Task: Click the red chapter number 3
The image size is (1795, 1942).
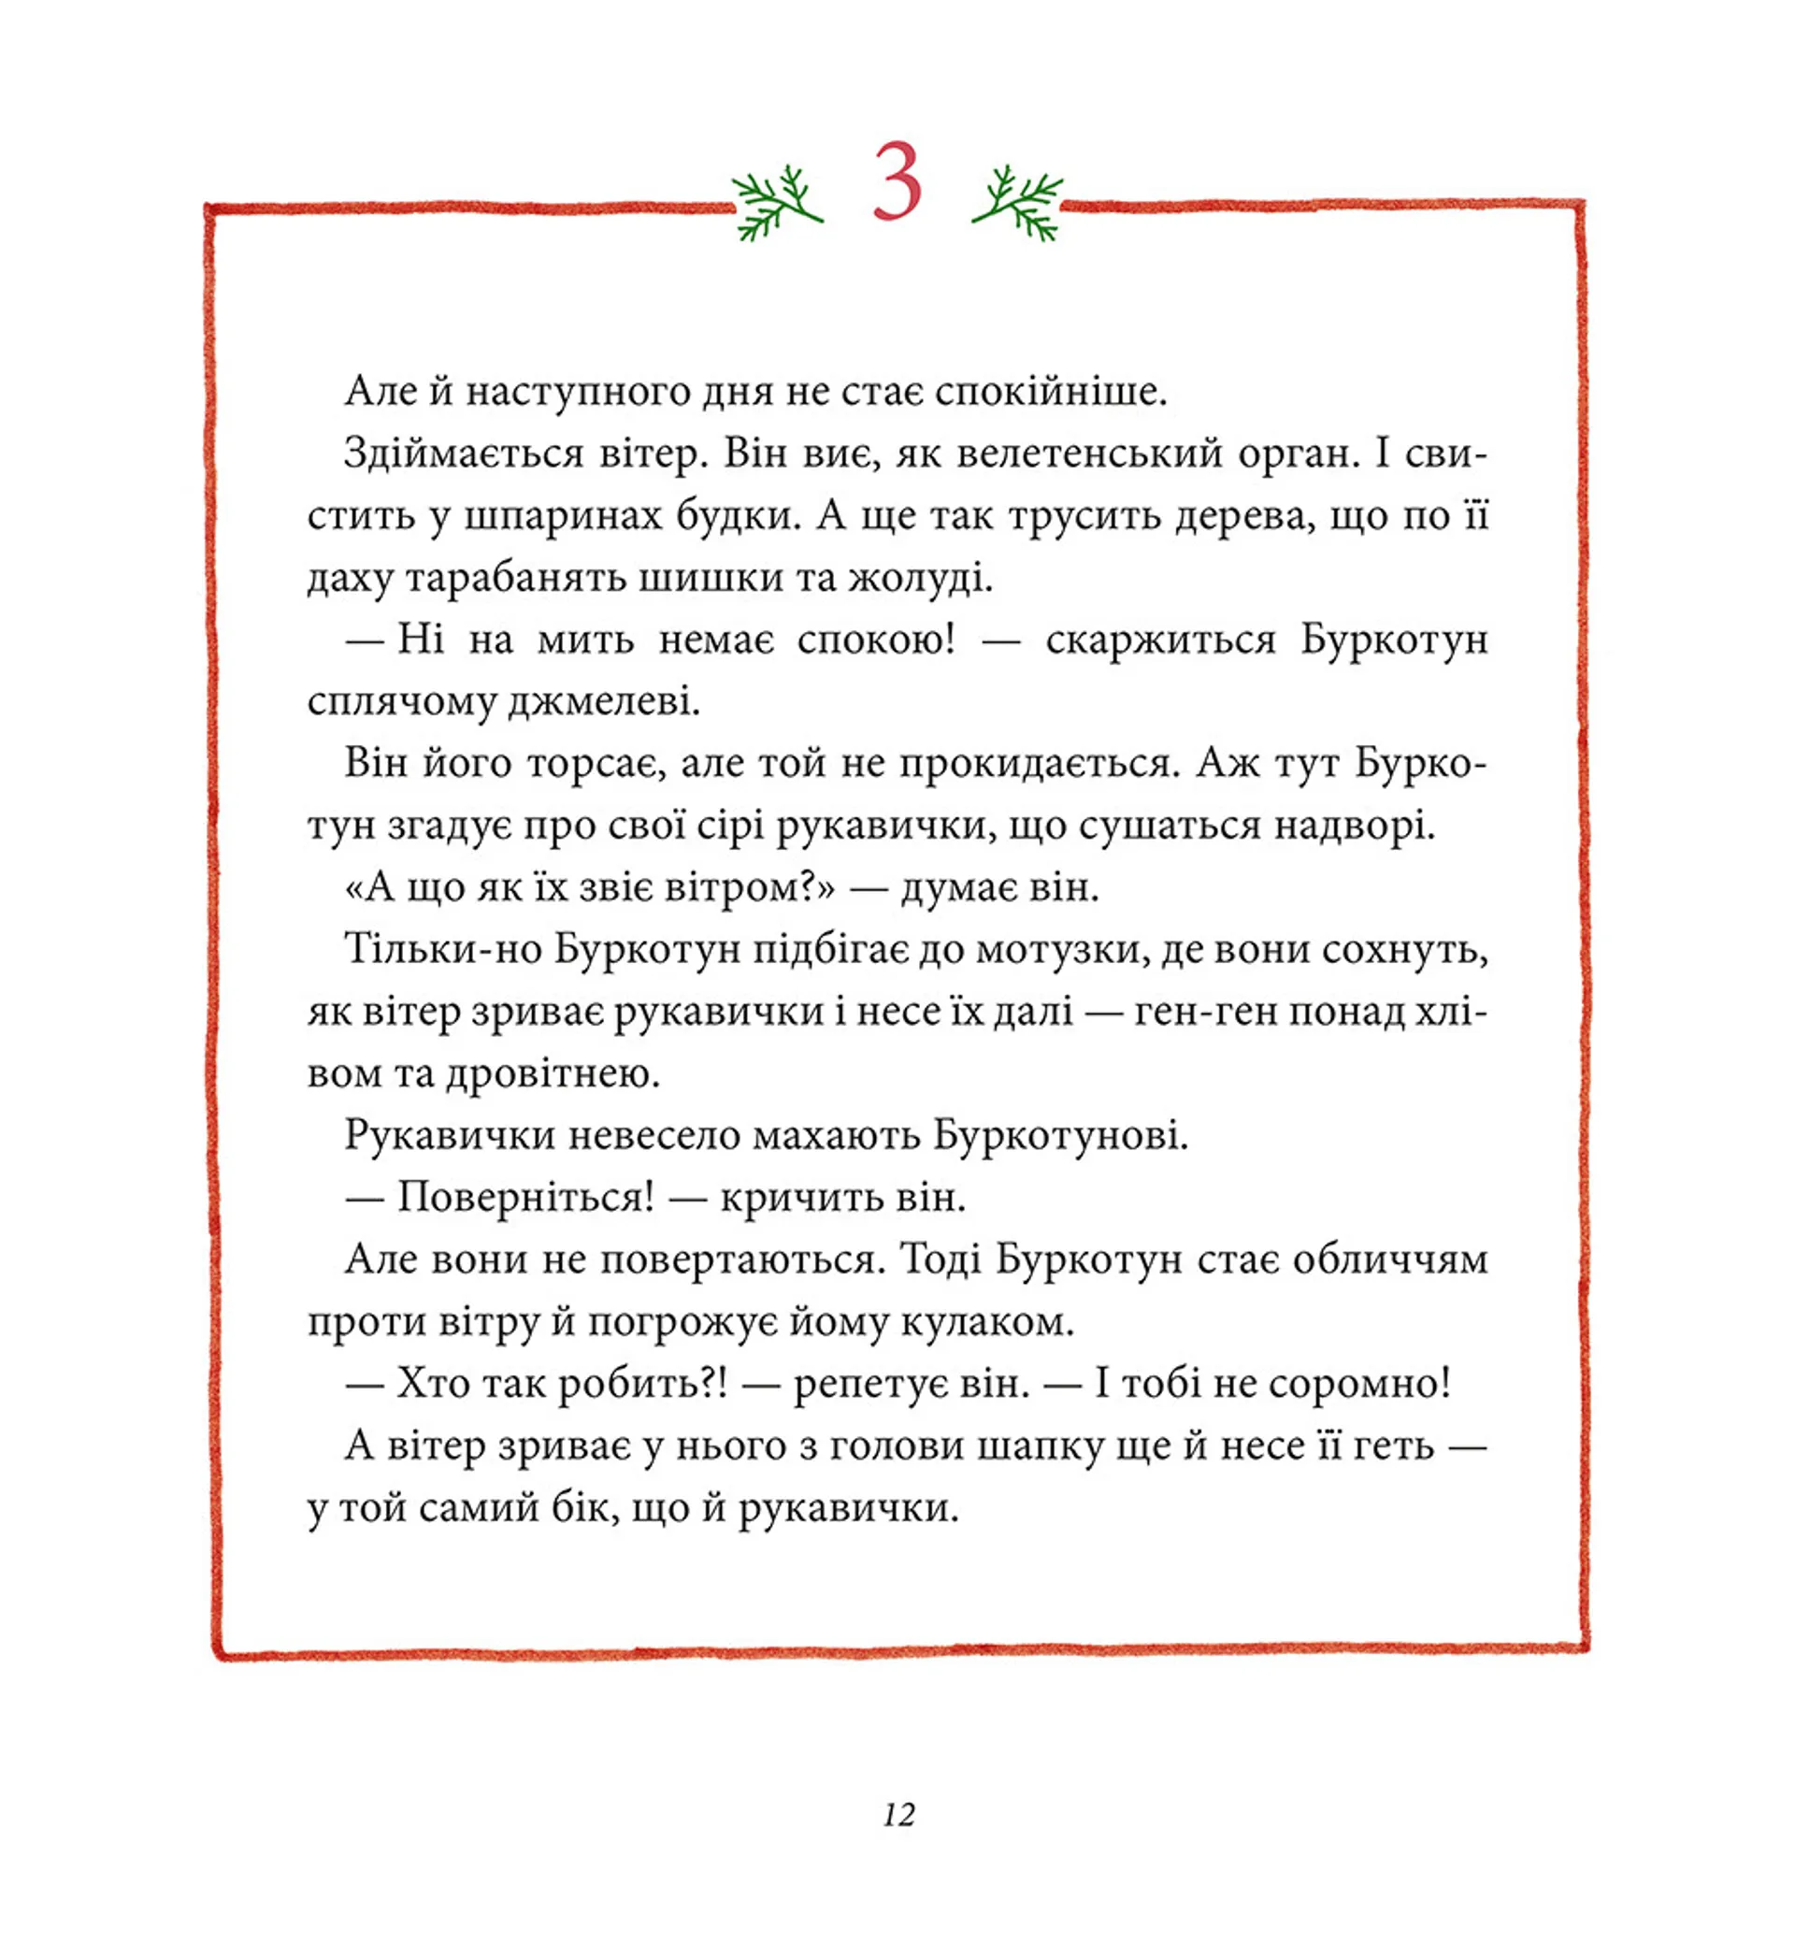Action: (x=896, y=181)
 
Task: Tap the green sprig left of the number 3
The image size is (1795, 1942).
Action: (x=776, y=202)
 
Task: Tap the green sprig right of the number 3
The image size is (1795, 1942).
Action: (x=1018, y=202)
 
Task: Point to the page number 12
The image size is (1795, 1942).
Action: (x=898, y=1814)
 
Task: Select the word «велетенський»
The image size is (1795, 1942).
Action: (x=1089, y=453)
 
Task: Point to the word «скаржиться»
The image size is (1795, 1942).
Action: (x=1160, y=640)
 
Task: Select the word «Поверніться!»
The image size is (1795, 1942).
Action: (x=525, y=1197)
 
